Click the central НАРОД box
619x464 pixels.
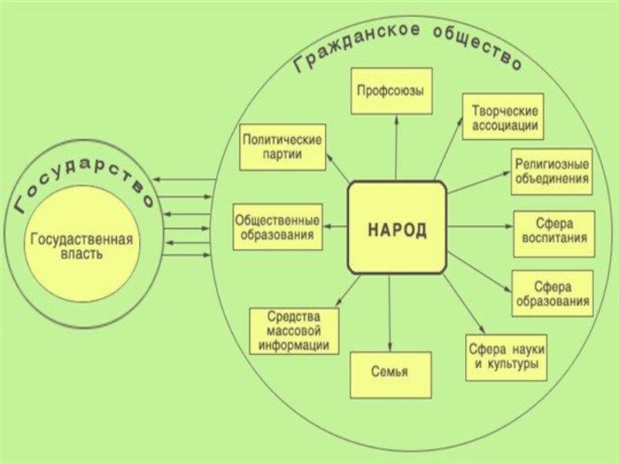(x=397, y=227)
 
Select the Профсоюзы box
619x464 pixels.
(x=390, y=91)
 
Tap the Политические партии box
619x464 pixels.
(x=282, y=146)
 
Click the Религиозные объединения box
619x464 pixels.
(x=552, y=172)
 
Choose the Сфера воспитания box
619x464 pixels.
(x=554, y=230)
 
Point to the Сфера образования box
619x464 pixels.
(x=552, y=292)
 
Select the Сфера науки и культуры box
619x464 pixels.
(x=507, y=356)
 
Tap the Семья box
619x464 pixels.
(x=389, y=373)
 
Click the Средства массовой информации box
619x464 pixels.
(x=294, y=331)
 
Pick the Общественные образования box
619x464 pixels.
(x=279, y=227)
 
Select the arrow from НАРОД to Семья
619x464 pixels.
(x=391, y=312)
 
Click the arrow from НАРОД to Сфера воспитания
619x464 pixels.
(x=480, y=227)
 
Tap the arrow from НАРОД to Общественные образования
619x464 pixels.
(x=336, y=226)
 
